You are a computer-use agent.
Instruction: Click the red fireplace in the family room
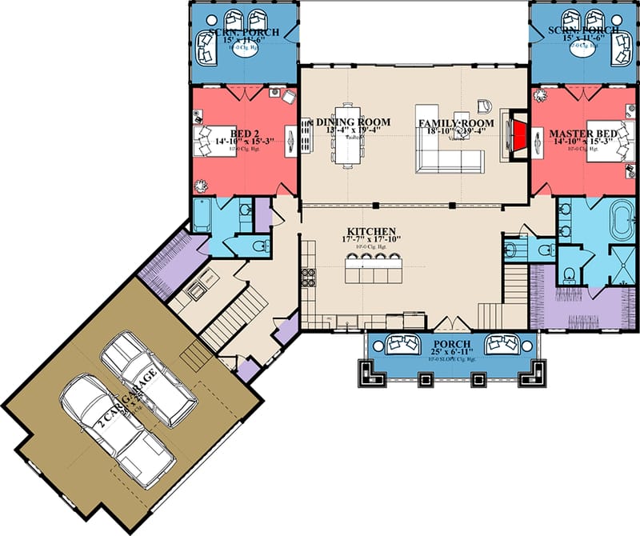click(519, 134)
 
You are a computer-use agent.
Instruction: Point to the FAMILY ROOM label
click(456, 122)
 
